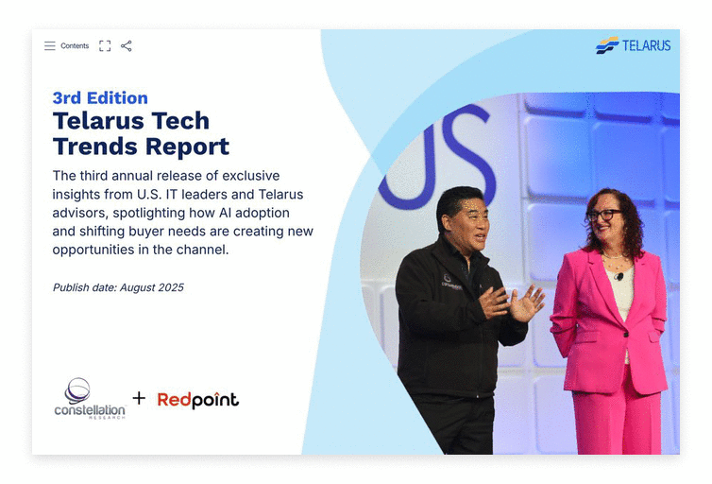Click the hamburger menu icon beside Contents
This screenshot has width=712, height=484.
pos(49,45)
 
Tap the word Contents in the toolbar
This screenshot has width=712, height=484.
pos(75,45)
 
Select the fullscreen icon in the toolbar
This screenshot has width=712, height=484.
pos(105,45)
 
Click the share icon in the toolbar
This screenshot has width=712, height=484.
pos(127,45)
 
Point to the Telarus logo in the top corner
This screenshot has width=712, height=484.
pos(633,45)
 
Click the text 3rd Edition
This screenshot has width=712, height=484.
pos(100,97)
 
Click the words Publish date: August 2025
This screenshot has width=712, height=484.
pos(118,287)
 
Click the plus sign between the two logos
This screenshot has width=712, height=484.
pos(139,398)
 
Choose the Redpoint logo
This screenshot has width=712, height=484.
pos(197,400)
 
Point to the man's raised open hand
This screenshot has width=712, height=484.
pos(526,302)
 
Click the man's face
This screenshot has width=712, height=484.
pos(466,218)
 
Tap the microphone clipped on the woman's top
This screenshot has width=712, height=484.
pos(619,276)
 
